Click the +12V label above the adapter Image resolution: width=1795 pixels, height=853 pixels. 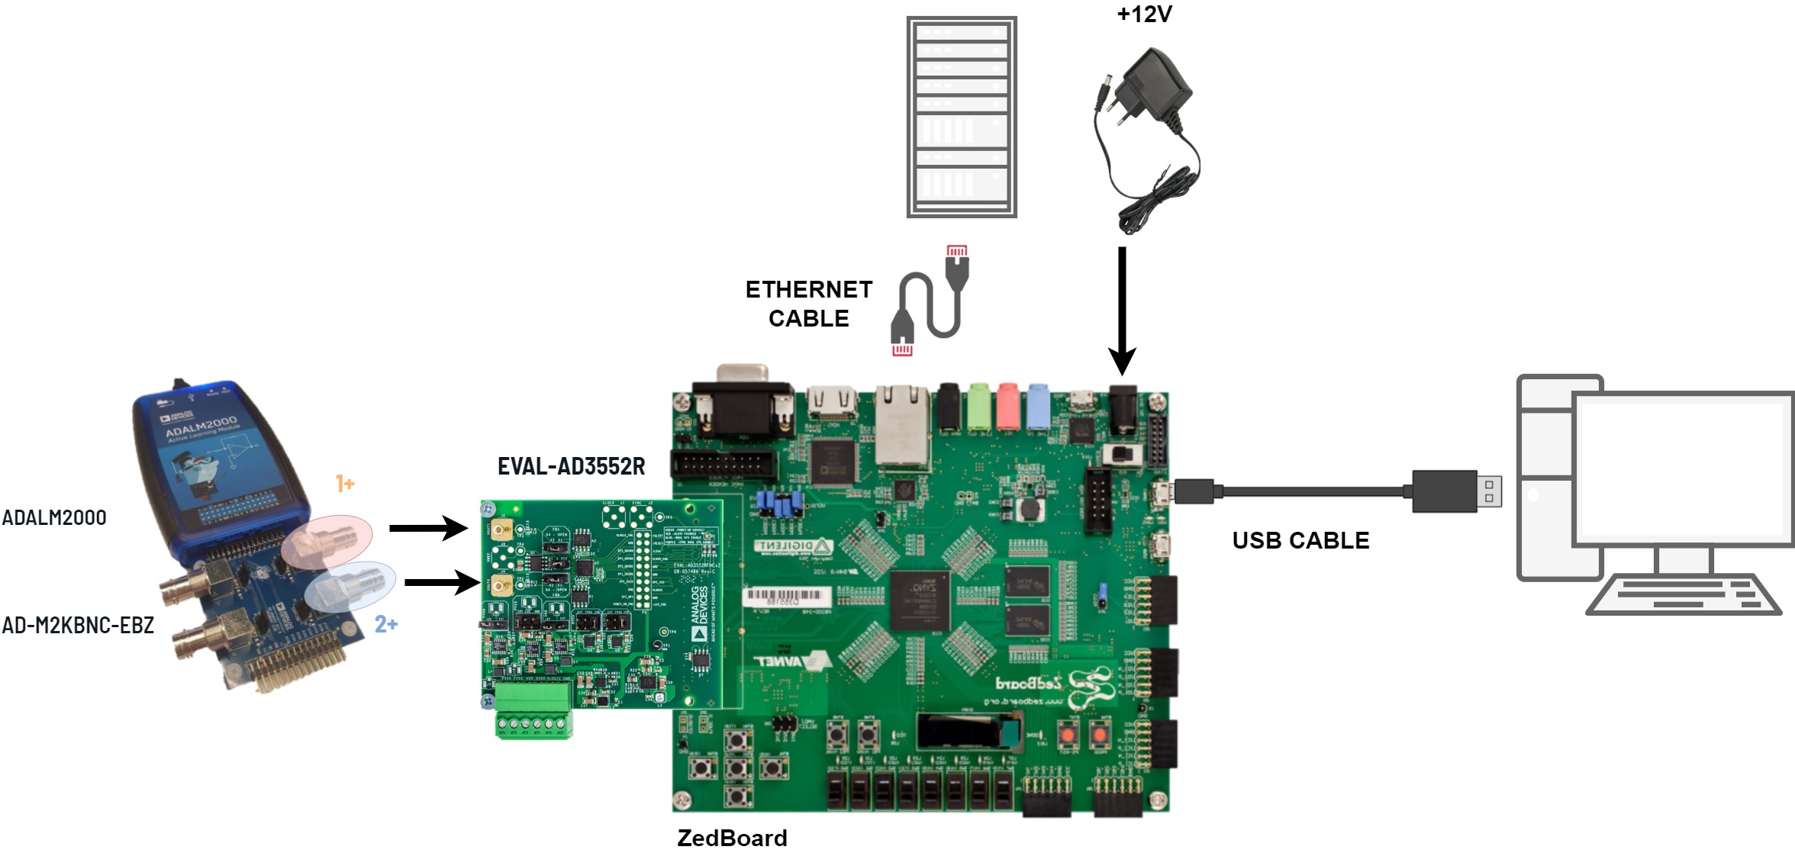click(1144, 14)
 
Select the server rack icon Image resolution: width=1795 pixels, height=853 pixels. click(962, 117)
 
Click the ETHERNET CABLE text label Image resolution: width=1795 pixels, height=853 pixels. click(809, 304)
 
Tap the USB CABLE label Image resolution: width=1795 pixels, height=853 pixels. click(1300, 540)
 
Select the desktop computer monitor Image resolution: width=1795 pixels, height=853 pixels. click(1684, 468)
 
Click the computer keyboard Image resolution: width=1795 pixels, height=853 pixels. click(1683, 595)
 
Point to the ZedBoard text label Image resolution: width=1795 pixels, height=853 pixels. click(732, 838)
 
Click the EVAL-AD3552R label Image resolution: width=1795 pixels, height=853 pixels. click(571, 466)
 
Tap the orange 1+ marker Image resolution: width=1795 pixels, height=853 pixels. click(345, 483)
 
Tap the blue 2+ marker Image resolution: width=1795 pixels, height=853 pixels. click(386, 624)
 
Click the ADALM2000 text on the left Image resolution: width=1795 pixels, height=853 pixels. click(54, 517)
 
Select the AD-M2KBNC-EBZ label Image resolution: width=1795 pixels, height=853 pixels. click(78, 625)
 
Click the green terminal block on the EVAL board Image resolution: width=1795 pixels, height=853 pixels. click(533, 710)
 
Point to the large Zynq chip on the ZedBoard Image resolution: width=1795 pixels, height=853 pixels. click(920, 600)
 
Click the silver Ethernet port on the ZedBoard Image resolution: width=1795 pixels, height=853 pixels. click(901, 425)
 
